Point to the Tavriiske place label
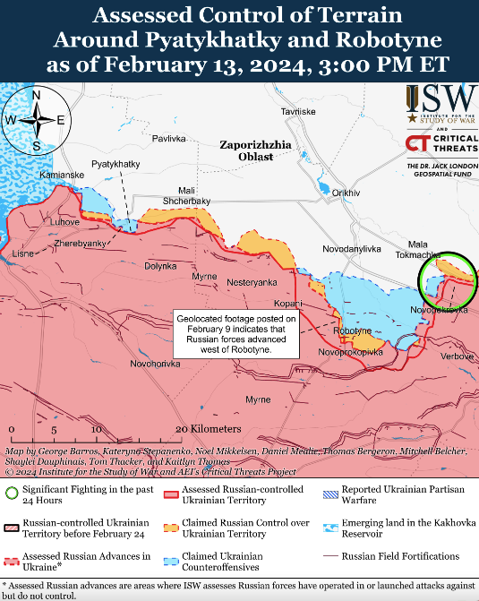[298, 112]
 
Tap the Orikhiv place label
[346, 193]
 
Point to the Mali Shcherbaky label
[187, 195]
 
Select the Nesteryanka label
[252, 282]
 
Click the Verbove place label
[457, 356]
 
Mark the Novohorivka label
[154, 363]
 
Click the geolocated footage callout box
[235, 335]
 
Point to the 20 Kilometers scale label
[210, 430]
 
